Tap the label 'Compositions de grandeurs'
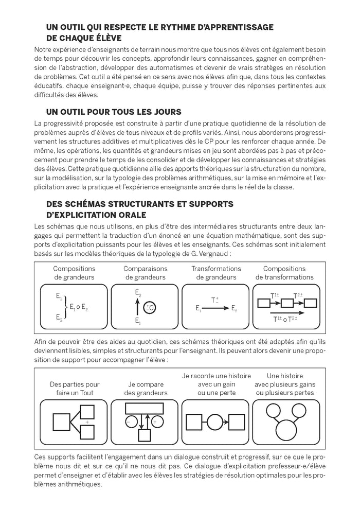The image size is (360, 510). click(x=74, y=273)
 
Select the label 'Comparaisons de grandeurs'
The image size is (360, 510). click(x=145, y=273)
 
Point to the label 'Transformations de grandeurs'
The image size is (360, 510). click(x=216, y=273)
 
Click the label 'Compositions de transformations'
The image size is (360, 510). click(x=288, y=273)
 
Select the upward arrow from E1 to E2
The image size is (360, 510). click(x=137, y=308)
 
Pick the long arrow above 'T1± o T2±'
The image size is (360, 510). click(x=287, y=312)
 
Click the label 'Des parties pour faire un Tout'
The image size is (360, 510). click(x=75, y=389)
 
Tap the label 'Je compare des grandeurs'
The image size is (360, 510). click(x=146, y=389)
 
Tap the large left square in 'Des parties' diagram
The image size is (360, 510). click(x=62, y=417)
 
